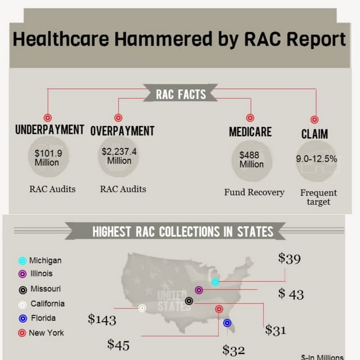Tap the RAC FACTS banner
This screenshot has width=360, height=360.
coord(181,94)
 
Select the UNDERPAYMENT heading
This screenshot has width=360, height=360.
coord(49,130)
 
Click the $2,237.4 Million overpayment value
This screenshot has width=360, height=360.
coord(119,156)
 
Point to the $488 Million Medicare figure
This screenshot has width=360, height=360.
coord(251,159)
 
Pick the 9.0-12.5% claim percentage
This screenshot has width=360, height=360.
coord(317,159)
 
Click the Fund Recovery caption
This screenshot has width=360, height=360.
coord(254,192)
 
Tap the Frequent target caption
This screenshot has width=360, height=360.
coord(318,197)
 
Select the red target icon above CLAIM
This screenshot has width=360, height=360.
coord(315,119)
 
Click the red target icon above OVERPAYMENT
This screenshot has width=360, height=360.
coord(118,118)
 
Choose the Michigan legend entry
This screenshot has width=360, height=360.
coord(45,260)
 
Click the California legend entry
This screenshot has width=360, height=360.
coord(47,304)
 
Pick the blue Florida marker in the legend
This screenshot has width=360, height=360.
coord(22,318)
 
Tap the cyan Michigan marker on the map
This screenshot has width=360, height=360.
coord(215,281)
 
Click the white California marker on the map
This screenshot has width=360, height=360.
coord(142,308)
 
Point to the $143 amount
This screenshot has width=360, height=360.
coord(102,320)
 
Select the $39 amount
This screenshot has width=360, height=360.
coord(289,259)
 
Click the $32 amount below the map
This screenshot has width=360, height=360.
coord(233,350)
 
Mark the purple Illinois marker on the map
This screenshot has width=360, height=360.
coord(199,290)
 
